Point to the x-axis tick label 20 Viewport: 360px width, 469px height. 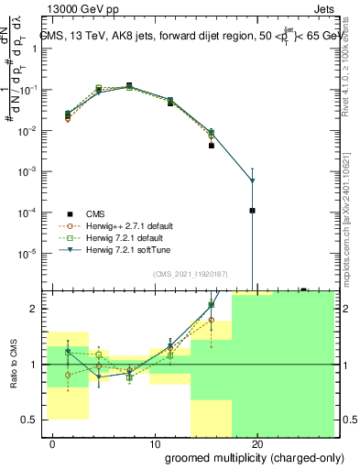[x=257, y=444]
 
